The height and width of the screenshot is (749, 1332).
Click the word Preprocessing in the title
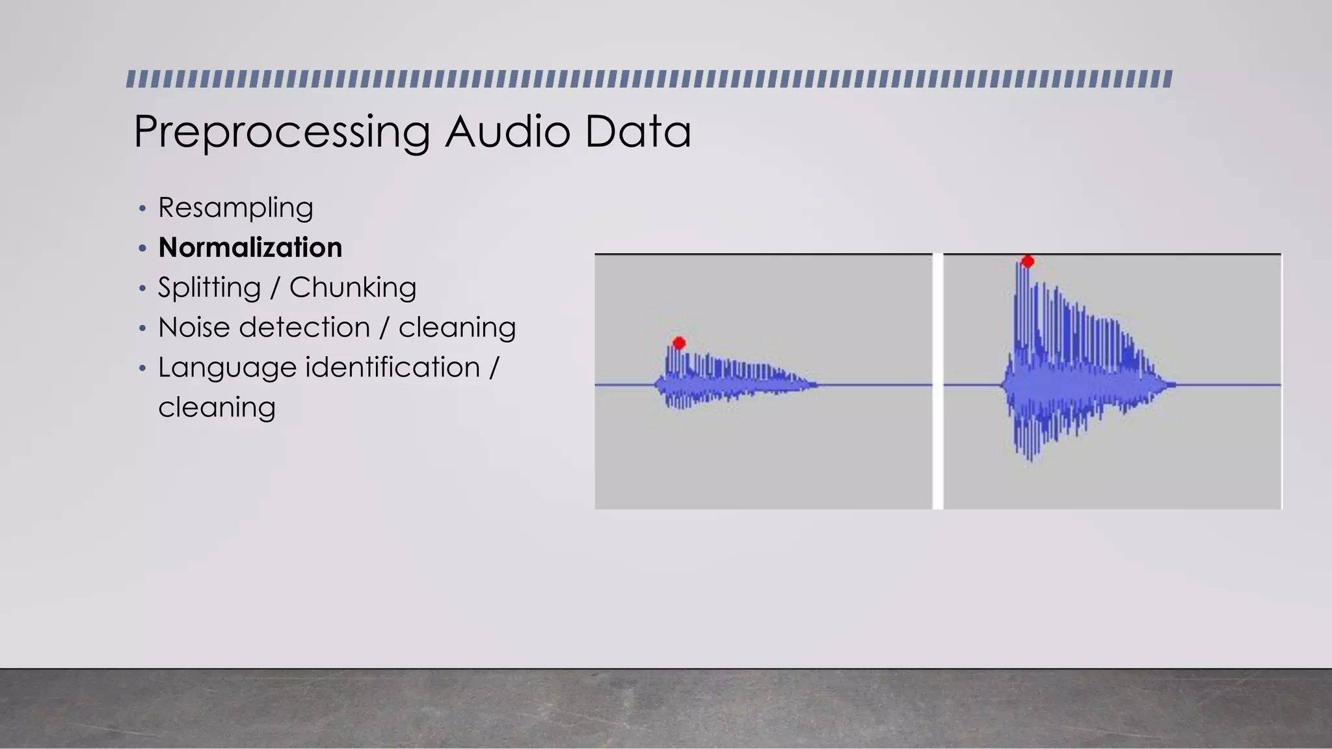click(x=282, y=132)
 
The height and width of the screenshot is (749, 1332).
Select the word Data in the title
click(x=637, y=131)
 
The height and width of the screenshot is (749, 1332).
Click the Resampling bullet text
click(x=235, y=208)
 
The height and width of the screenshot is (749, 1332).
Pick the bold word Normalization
click(x=250, y=248)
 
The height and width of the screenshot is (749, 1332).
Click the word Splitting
click(x=209, y=287)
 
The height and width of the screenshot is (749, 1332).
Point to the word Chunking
click(x=353, y=287)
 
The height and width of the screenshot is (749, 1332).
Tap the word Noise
click(x=193, y=327)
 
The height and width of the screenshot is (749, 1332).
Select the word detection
click(x=304, y=327)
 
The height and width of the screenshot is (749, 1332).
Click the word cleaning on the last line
click(x=217, y=408)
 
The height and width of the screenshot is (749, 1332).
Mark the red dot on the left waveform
click(x=679, y=343)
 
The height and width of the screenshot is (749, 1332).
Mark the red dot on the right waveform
click(x=1028, y=261)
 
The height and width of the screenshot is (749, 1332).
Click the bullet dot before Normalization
click(x=142, y=248)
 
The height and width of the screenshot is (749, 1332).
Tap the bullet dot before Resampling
click(x=142, y=209)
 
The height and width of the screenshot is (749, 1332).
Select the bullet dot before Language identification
click(x=142, y=368)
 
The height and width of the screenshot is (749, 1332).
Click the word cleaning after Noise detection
click(x=457, y=327)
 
